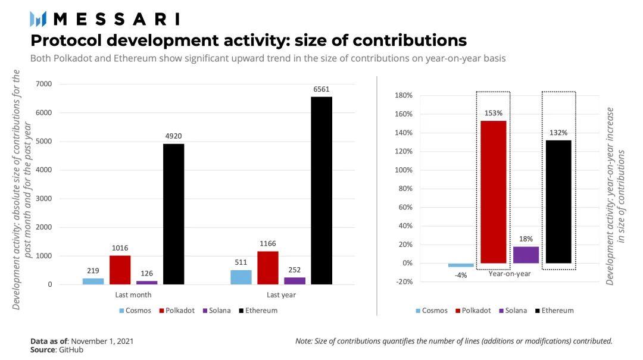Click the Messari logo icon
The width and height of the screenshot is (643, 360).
click(x=39, y=19)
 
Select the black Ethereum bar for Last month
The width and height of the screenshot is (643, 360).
click(x=173, y=214)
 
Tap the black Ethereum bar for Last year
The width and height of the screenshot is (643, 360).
click(x=321, y=190)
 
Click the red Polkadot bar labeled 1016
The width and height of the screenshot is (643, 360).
click(x=120, y=270)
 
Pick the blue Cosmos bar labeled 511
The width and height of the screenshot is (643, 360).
click(x=241, y=277)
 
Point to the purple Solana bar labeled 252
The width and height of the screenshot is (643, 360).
click(x=295, y=281)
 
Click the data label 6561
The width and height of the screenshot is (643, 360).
click(x=321, y=89)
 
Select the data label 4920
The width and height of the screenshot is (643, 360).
click(x=173, y=137)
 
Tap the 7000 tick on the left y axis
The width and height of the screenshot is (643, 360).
click(x=44, y=84)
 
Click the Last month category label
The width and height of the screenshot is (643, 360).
click(x=133, y=295)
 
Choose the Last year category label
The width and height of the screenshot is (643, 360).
click(x=281, y=295)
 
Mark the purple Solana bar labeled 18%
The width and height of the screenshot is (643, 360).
click(x=526, y=255)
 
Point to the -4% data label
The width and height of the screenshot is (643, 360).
click(x=460, y=275)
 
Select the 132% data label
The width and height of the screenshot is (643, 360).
click(x=558, y=133)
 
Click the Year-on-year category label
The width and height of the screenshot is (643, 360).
click(x=510, y=274)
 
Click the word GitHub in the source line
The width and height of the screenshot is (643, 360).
click(x=70, y=350)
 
